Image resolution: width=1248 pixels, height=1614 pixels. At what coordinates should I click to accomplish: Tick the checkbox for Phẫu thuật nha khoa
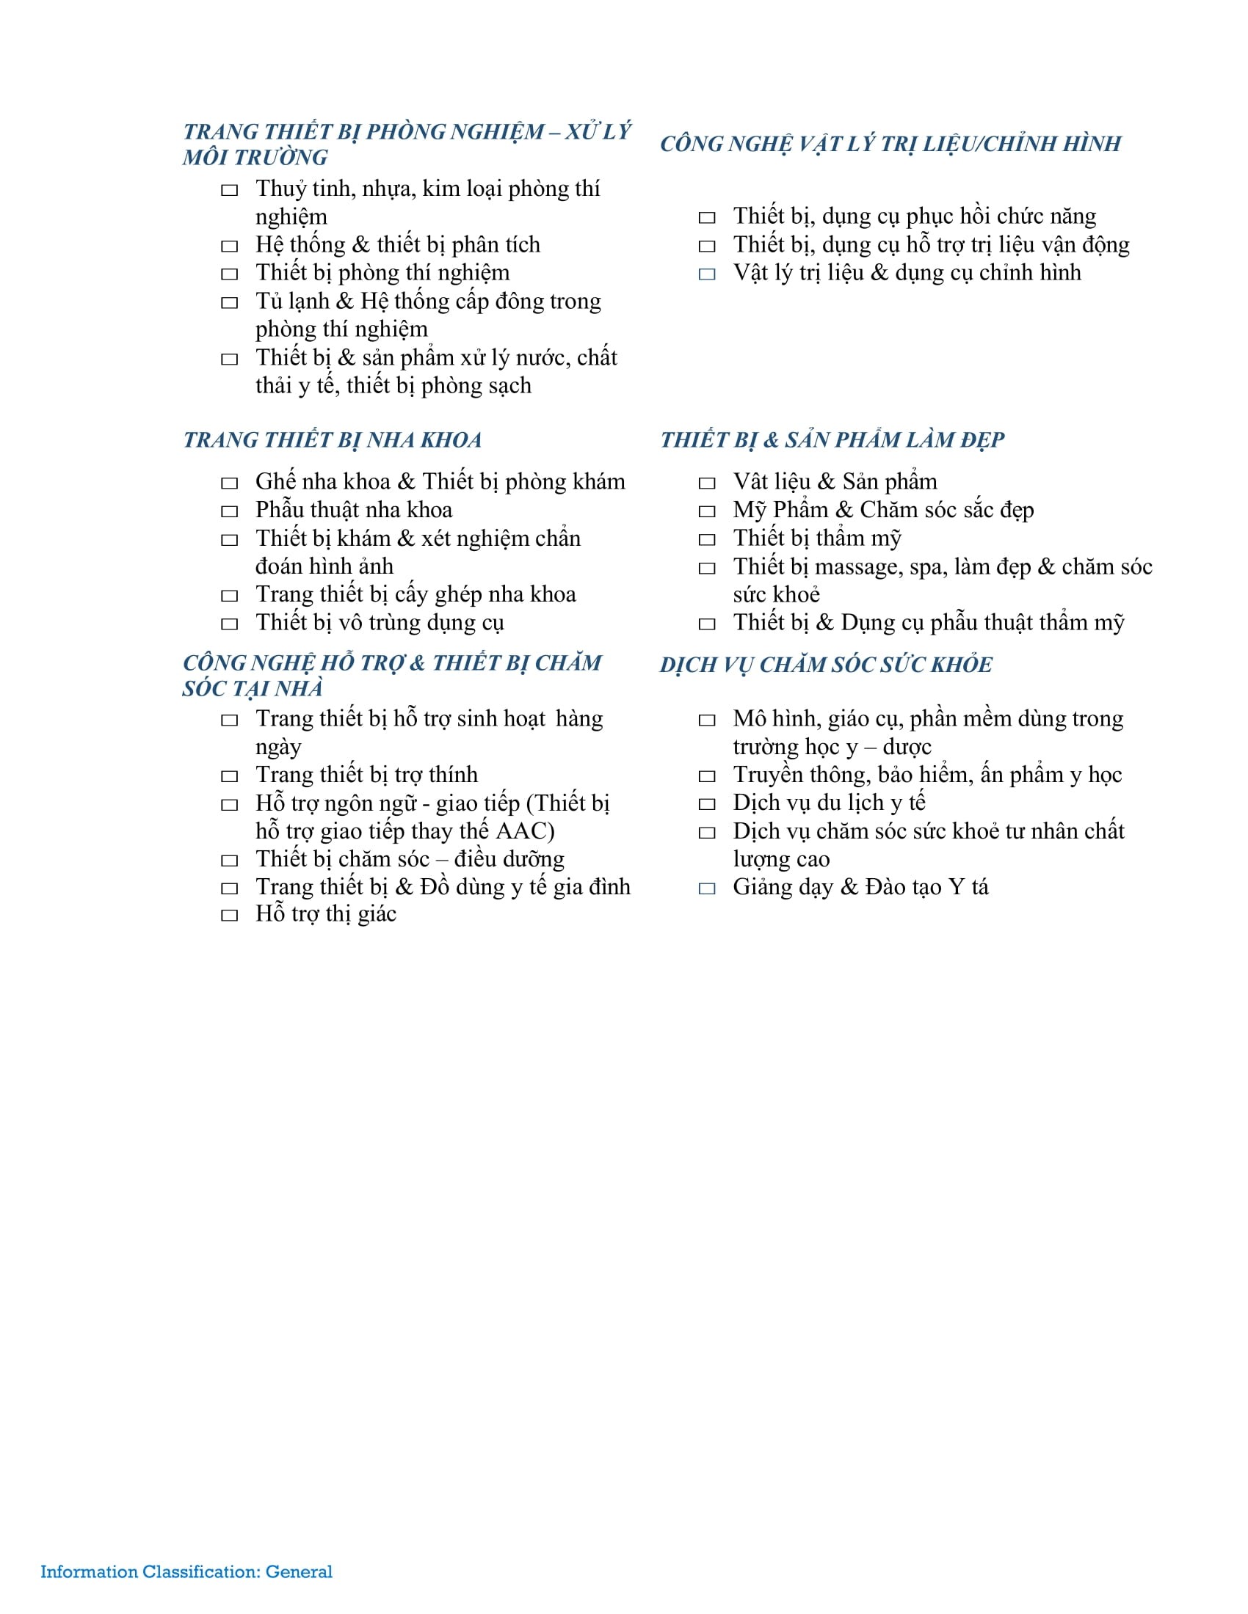229,511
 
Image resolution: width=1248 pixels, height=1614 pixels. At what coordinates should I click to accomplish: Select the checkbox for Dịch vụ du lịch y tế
707,804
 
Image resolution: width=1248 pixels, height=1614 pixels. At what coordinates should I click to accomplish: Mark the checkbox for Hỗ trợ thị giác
229,916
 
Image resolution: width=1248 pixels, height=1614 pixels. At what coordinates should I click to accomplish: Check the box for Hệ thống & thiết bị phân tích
229,246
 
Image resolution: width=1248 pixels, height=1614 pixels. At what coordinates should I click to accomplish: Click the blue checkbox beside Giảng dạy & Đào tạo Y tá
707,888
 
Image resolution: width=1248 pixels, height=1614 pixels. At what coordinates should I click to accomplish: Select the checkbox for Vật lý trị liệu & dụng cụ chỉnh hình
707,274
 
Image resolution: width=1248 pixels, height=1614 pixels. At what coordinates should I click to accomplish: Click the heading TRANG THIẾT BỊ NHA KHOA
332,439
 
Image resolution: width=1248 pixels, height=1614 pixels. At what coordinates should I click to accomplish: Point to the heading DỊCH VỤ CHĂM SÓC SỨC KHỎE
826,665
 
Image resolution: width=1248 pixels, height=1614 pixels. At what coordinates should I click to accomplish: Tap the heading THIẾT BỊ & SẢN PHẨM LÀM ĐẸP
832,439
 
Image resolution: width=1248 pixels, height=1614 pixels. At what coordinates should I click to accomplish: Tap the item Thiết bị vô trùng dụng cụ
380,622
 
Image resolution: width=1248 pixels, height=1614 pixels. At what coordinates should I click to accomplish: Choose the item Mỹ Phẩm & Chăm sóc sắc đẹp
882,510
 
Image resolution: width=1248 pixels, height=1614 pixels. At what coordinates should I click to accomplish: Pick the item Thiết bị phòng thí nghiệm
382,273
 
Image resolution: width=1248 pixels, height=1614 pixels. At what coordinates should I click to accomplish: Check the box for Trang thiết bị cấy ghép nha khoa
229,596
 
